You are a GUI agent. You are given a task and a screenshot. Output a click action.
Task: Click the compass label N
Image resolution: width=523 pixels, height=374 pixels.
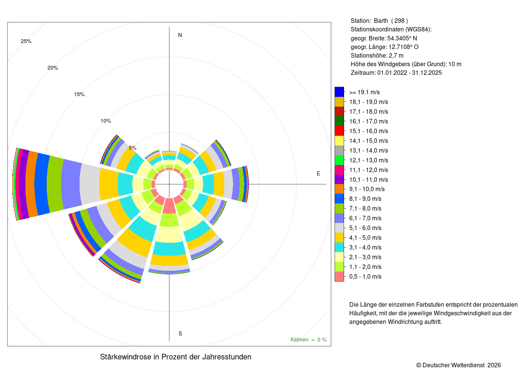pos(180,35)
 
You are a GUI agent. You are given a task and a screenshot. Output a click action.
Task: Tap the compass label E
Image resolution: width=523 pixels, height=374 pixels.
pos(318,174)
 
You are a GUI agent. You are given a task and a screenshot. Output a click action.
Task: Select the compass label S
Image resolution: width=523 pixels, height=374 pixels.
pos(180,334)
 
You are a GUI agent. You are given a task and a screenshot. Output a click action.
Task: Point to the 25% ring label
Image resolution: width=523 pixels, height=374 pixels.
pos(26,42)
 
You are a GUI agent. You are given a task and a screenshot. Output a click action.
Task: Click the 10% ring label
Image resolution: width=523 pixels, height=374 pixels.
pos(106,121)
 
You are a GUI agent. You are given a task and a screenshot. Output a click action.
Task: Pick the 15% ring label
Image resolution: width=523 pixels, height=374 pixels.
pos(79,94)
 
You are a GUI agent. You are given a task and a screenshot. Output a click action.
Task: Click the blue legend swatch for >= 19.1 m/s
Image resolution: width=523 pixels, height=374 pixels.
pos(339,92)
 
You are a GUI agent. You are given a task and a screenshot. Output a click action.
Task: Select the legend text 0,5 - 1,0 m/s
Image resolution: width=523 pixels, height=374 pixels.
pos(365,276)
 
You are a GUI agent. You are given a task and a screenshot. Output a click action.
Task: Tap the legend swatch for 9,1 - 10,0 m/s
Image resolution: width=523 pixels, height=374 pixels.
pos(339,189)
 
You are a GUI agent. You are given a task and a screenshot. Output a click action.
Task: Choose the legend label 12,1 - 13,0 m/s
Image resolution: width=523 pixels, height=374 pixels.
pos(368,160)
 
